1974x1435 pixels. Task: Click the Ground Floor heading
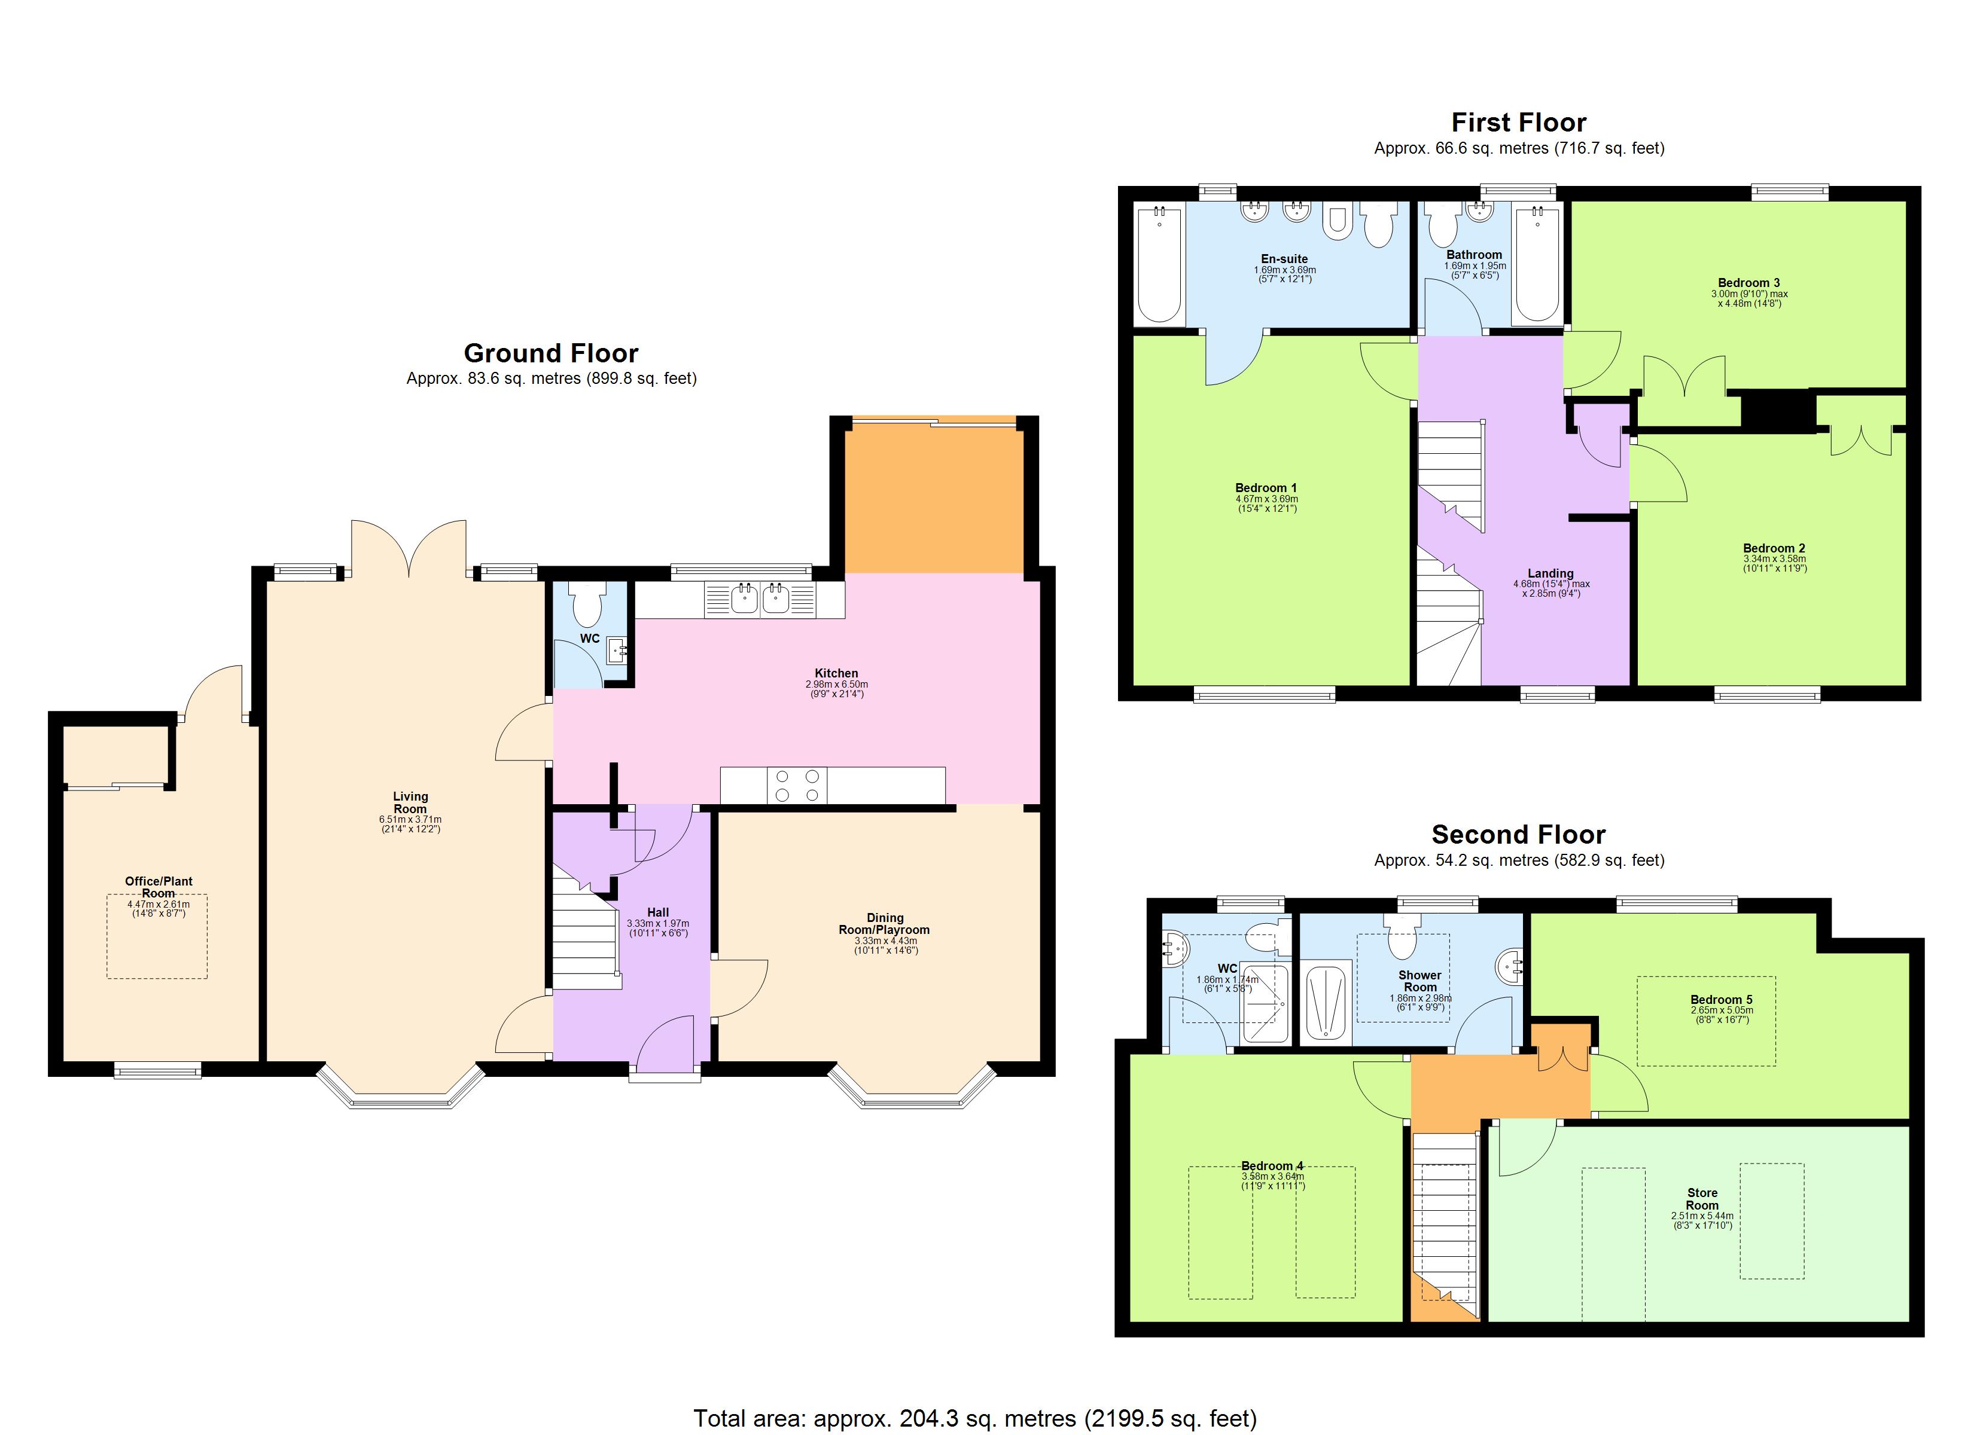tap(550, 353)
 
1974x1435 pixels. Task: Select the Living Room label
tap(410, 801)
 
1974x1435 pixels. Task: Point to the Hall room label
tap(658, 912)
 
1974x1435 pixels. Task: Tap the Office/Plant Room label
tap(159, 887)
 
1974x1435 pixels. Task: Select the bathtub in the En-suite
tap(1159, 264)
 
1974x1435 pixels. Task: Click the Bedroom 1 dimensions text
tap(1266, 504)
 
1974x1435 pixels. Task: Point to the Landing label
tap(1550, 573)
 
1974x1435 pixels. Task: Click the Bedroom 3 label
tap(1748, 282)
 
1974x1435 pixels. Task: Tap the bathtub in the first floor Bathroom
tap(1538, 264)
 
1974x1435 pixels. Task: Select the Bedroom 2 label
tap(1774, 548)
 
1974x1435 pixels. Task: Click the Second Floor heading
tap(1518, 835)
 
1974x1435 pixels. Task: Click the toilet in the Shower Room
tap(1402, 936)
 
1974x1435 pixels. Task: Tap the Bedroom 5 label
tap(1721, 1000)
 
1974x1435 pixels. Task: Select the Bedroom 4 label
tap(1272, 1166)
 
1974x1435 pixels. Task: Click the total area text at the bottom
tap(975, 1418)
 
